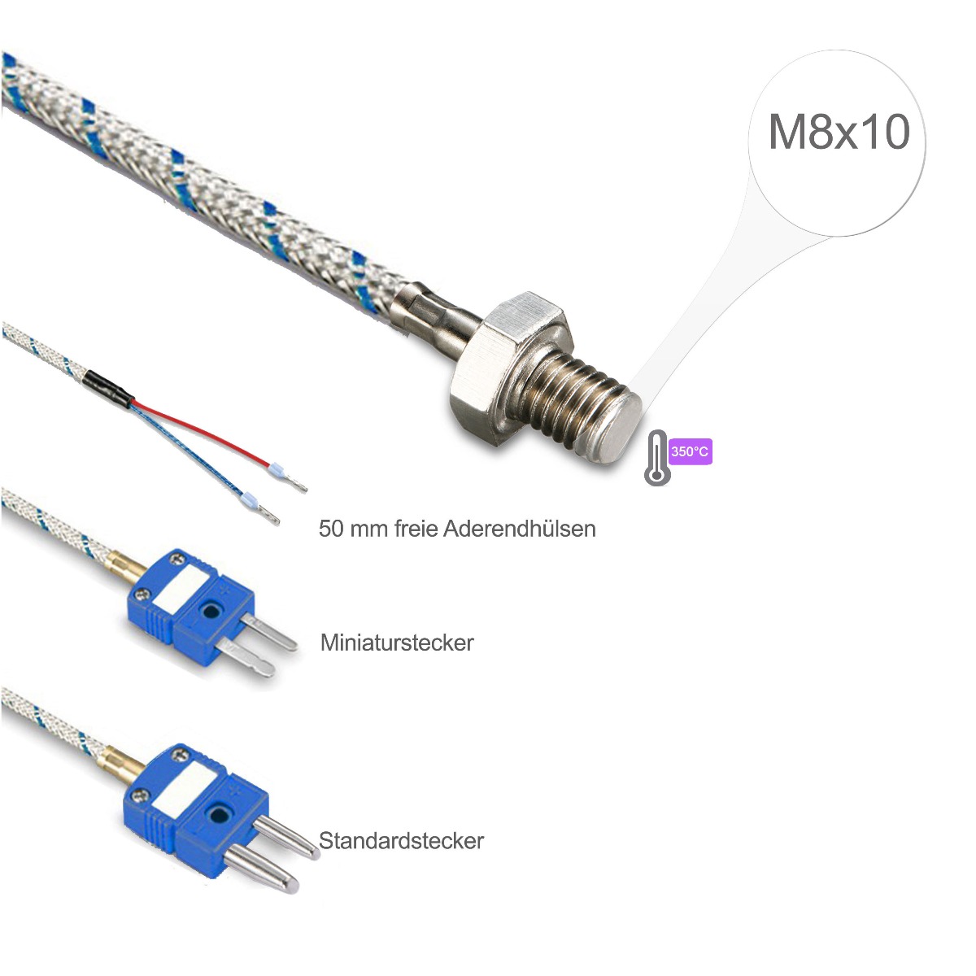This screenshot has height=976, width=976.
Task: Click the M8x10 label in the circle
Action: point(839,133)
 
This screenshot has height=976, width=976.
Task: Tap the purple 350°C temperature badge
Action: point(690,451)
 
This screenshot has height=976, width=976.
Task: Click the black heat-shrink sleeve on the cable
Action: point(109,386)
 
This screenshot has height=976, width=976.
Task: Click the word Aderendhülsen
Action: point(519,529)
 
